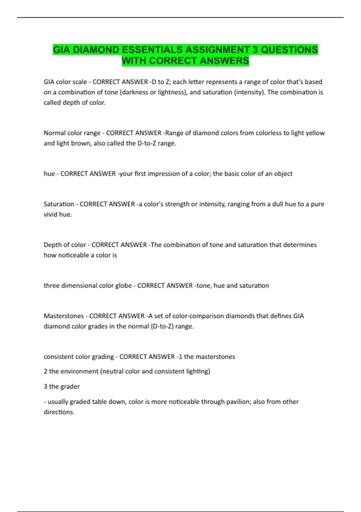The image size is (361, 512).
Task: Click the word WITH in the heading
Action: pyautogui.click(x=134, y=61)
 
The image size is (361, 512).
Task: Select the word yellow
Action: pyautogui.click(x=315, y=133)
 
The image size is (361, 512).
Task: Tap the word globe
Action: pyautogui.click(x=123, y=286)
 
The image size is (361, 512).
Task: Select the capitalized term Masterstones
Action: pyautogui.click(x=64, y=316)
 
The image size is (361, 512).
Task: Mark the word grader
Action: pyautogui.click(x=70, y=386)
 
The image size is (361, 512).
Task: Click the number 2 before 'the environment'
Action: pyautogui.click(x=45, y=371)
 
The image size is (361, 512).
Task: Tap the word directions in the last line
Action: pyautogui.click(x=59, y=412)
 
